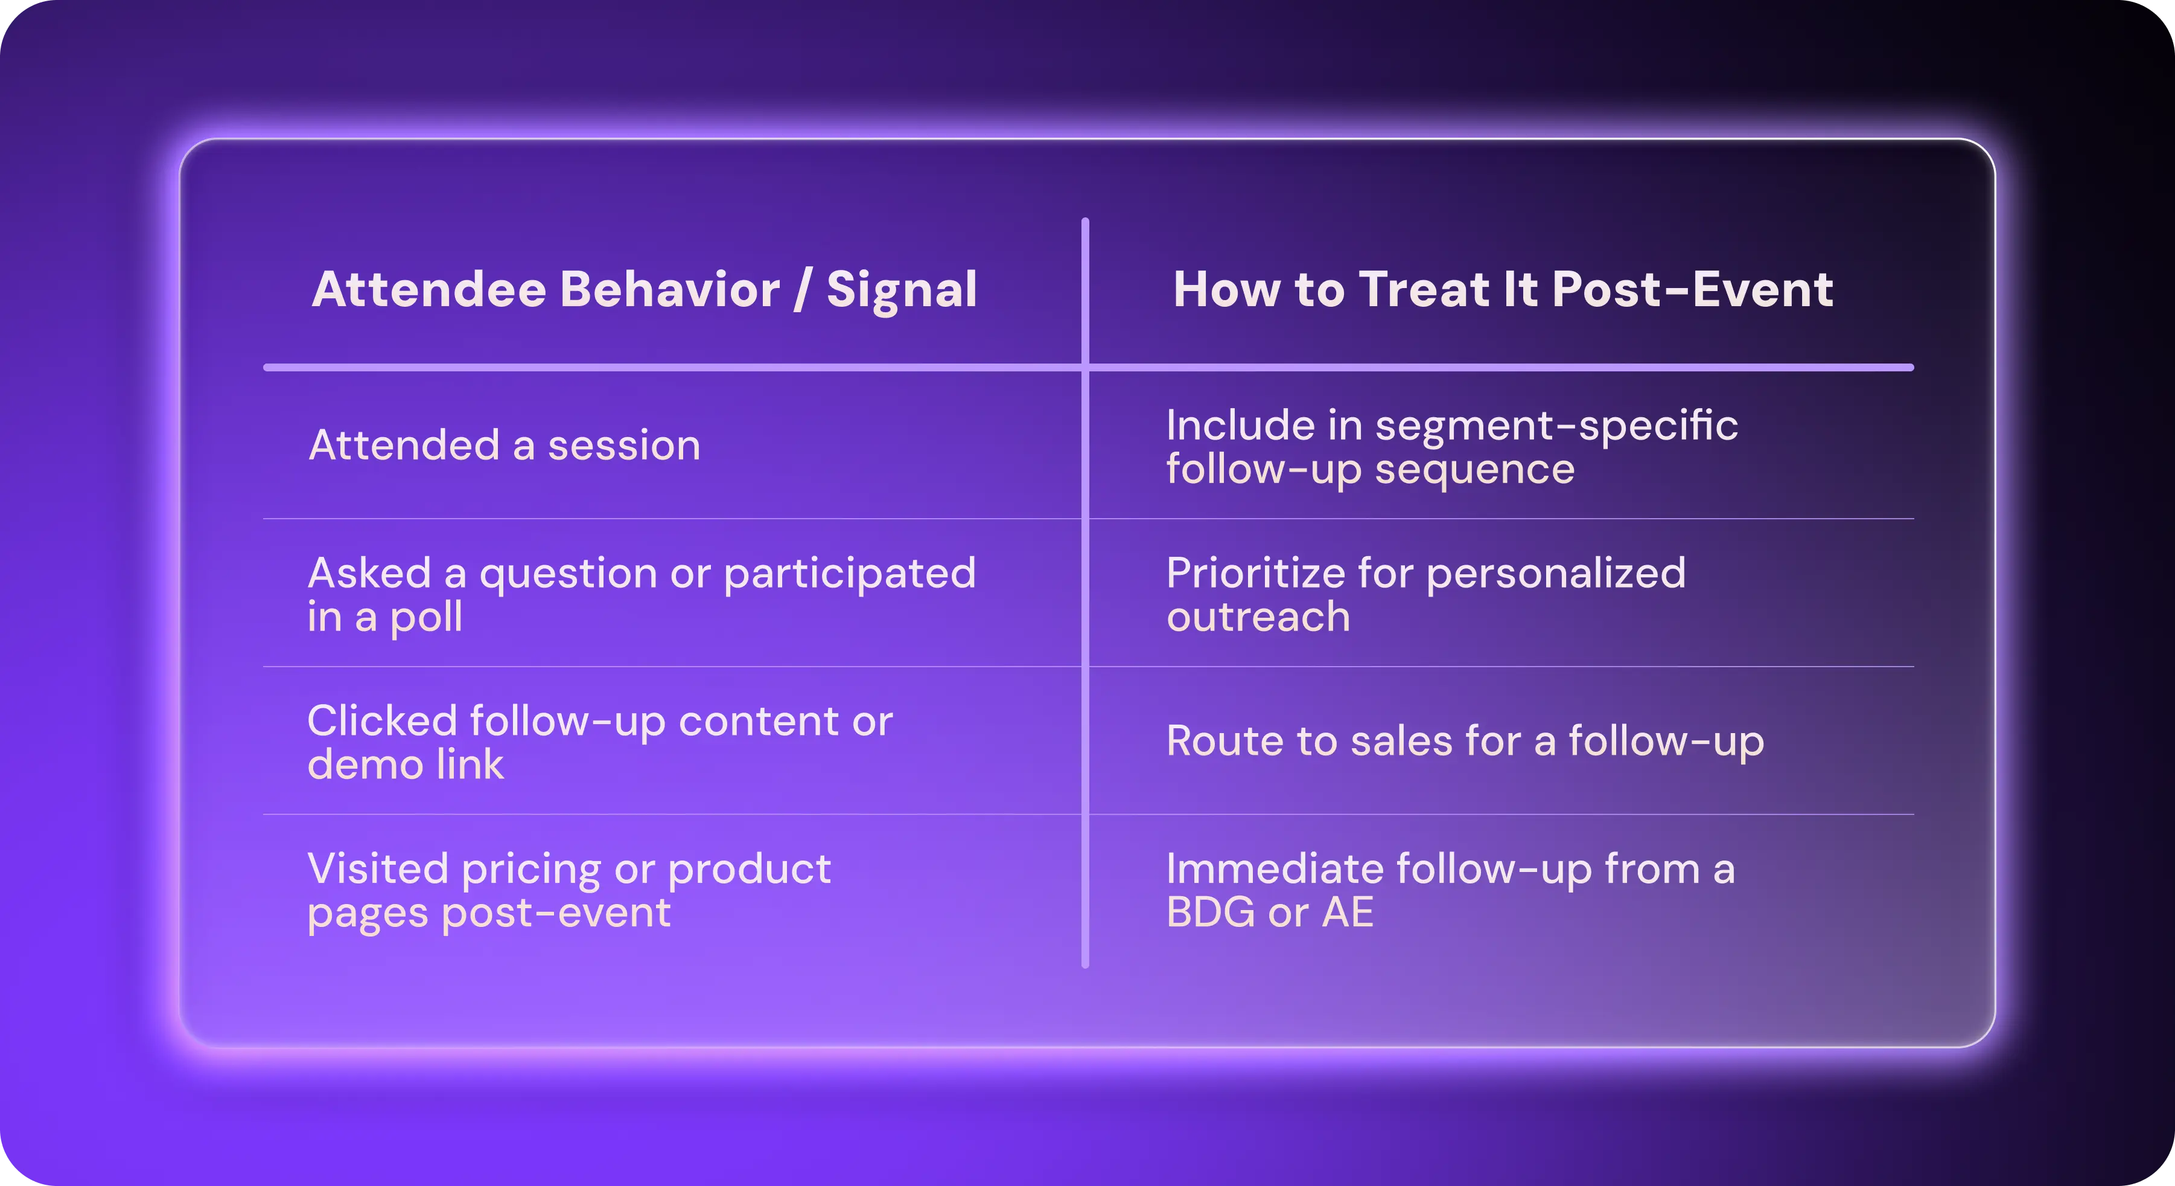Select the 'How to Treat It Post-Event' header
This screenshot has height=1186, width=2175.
1503,290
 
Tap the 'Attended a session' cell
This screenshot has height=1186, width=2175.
504,445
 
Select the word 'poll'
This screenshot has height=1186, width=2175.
425,618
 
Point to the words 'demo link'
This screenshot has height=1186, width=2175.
406,764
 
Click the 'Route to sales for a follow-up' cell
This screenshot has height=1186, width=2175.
1465,742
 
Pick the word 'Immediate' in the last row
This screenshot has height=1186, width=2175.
1275,869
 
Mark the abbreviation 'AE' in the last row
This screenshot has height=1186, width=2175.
1348,913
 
